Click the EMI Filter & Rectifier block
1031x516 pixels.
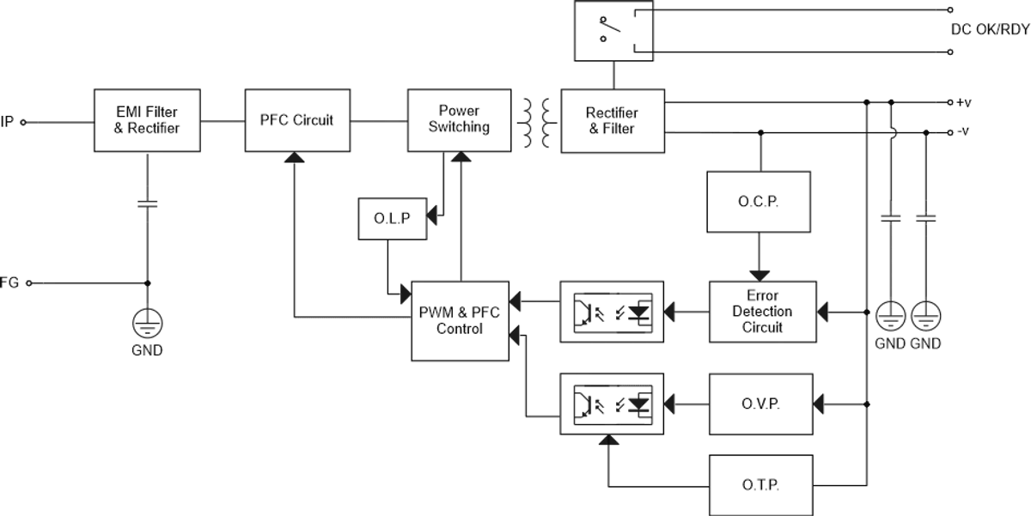(147, 121)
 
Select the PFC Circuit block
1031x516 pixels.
(296, 121)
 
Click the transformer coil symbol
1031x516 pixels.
(533, 121)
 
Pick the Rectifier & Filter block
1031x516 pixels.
(611, 121)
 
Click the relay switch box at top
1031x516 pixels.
(613, 31)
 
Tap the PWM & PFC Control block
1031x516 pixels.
(459, 320)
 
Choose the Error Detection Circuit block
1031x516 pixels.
(762, 312)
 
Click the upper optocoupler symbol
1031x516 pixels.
(611, 311)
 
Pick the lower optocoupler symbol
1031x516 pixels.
(611, 401)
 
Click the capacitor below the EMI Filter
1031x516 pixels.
(147, 204)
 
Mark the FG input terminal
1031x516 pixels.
(27, 282)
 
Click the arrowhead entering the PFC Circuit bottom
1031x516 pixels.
(294, 159)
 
